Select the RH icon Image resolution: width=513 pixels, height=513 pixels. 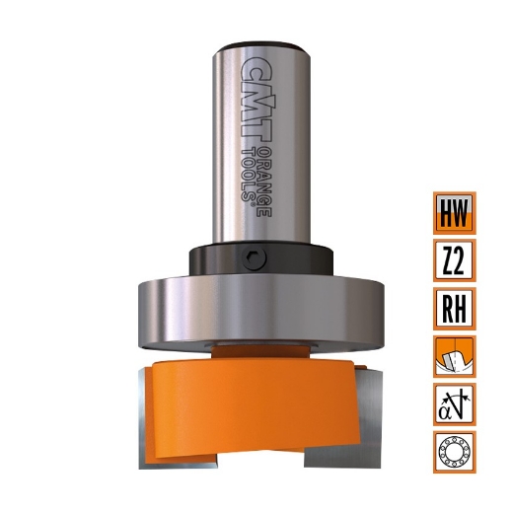pyautogui.click(x=454, y=308)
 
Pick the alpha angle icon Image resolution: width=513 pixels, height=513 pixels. pyautogui.click(x=454, y=403)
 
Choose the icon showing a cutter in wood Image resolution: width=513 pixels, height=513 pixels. pyautogui.click(x=454, y=356)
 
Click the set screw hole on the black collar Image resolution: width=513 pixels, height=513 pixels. pyautogui.click(x=256, y=259)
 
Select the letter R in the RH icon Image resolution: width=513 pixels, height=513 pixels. pyautogui.click(x=446, y=308)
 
